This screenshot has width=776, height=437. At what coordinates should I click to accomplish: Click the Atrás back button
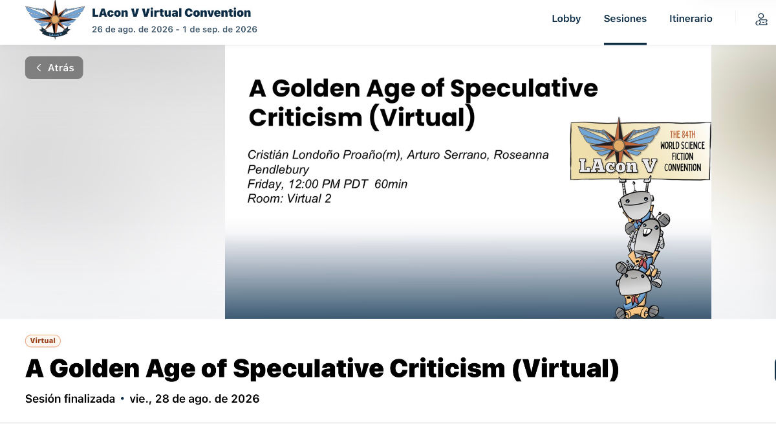pyautogui.click(x=54, y=67)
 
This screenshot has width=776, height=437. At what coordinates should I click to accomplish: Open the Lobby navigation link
pyautogui.click(x=566, y=18)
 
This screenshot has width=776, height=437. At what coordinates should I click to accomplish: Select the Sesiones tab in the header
pyautogui.click(x=625, y=18)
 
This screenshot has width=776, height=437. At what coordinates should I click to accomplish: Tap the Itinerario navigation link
pyautogui.click(x=691, y=18)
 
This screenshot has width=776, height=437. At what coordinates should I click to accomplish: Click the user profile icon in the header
pyautogui.click(x=761, y=19)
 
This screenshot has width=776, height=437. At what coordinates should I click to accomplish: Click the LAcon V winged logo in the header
pyautogui.click(x=55, y=19)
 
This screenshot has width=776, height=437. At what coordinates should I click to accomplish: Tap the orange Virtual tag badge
pyautogui.click(x=43, y=341)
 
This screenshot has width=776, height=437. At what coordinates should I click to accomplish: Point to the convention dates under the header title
pyautogui.click(x=175, y=30)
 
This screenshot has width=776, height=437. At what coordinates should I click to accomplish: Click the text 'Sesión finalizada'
pyautogui.click(x=70, y=399)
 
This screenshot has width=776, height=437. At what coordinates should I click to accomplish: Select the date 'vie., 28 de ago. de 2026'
pyautogui.click(x=195, y=399)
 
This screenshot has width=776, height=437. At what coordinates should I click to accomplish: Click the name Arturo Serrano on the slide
pyautogui.click(x=447, y=155)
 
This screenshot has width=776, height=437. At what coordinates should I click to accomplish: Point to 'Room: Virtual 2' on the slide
pyautogui.click(x=289, y=199)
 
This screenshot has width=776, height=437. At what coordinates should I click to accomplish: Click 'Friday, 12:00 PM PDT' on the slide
pyautogui.click(x=307, y=184)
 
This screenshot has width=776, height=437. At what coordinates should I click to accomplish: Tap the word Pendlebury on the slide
pyautogui.click(x=278, y=170)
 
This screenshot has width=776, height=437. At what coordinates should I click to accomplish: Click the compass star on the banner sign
pyautogui.click(x=619, y=144)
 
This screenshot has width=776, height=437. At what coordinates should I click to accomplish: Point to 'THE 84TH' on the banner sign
pyautogui.click(x=682, y=134)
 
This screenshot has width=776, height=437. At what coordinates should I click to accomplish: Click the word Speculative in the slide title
pyautogui.click(x=524, y=89)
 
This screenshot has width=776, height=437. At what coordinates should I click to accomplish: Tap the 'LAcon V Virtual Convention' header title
pyautogui.click(x=171, y=13)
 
